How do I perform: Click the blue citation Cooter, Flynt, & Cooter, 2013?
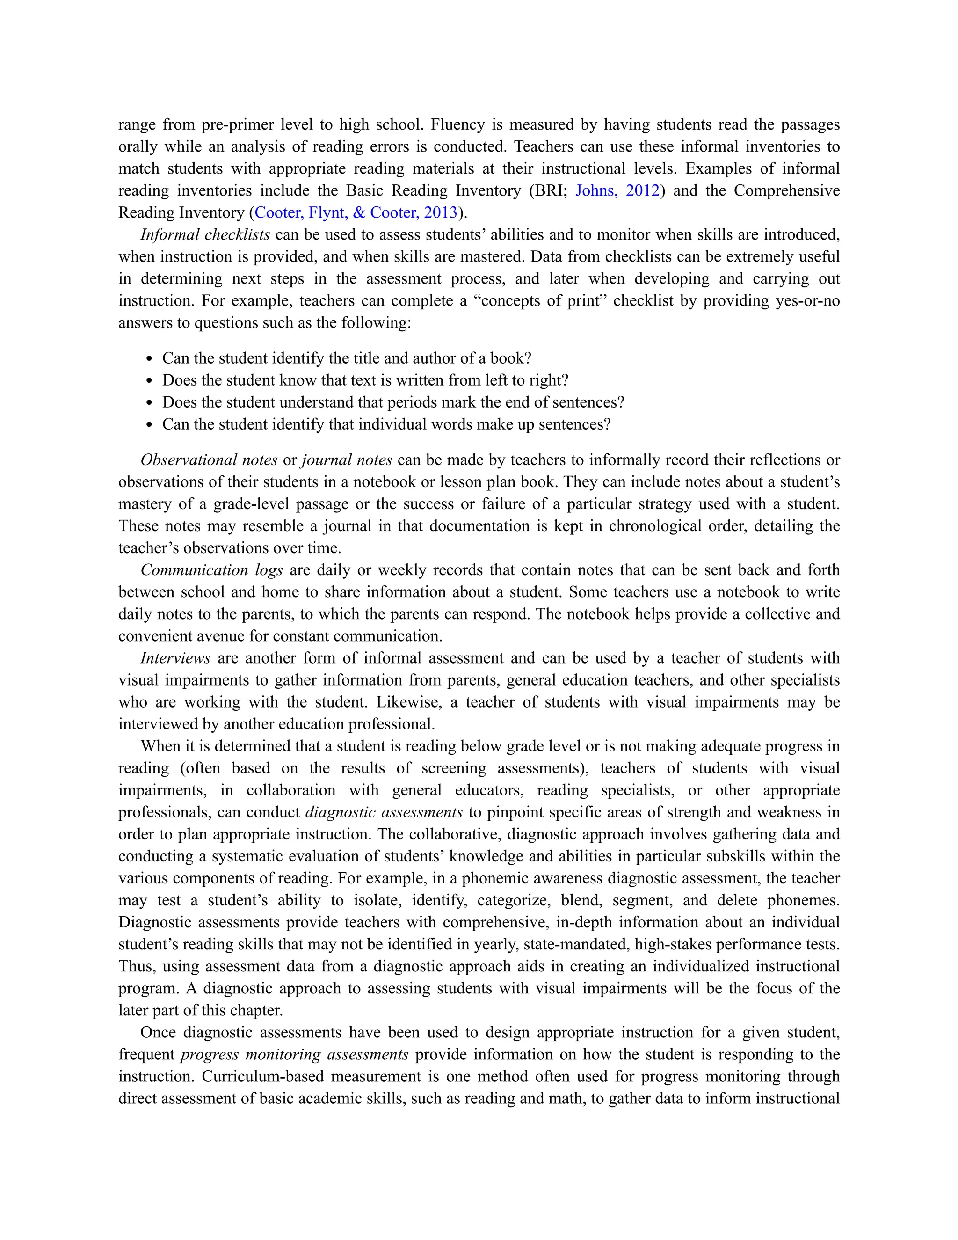click(356, 212)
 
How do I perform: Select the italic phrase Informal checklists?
click(205, 234)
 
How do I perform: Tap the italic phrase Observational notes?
click(209, 460)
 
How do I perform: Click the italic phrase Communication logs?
click(212, 569)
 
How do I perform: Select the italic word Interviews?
click(175, 658)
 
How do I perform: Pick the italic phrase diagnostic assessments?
click(384, 812)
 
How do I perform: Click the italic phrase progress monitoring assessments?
click(295, 1054)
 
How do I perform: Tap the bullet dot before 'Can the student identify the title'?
click(149, 359)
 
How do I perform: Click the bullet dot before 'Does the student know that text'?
click(149, 381)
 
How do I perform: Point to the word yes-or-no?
click(807, 300)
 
